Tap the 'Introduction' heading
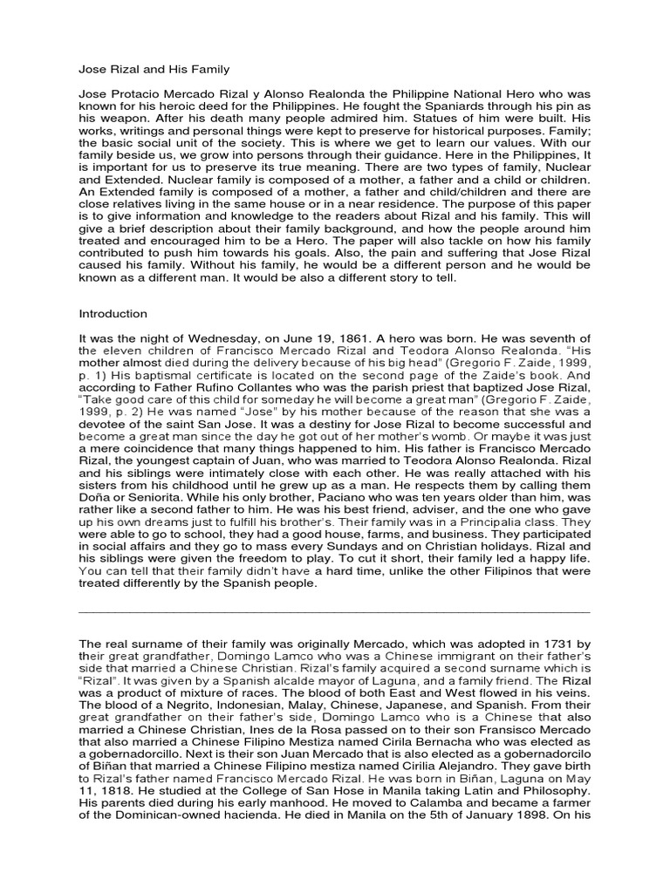click(113, 314)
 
